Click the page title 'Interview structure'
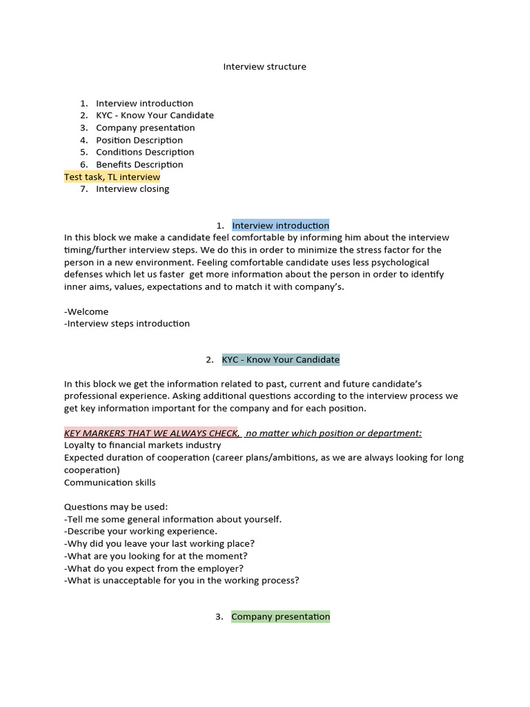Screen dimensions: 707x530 [x=264, y=67]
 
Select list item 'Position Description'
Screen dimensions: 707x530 [x=139, y=140]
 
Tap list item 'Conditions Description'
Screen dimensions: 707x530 [x=145, y=152]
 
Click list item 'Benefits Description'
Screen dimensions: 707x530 [x=139, y=164]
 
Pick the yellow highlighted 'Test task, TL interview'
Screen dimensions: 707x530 [x=112, y=177]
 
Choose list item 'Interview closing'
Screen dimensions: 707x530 [x=132, y=188]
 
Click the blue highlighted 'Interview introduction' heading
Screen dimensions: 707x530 [x=280, y=226]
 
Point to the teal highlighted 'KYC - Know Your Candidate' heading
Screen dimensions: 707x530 [x=280, y=360]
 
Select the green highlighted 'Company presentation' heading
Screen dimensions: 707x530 [x=280, y=617]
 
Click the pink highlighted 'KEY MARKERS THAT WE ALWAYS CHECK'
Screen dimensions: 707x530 [x=151, y=433]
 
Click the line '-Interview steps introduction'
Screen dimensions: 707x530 [x=127, y=323]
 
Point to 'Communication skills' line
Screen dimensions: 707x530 [x=110, y=483]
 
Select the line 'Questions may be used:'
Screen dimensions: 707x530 [x=116, y=507]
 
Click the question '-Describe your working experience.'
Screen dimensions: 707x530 [x=141, y=531]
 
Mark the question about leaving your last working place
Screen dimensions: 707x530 [x=159, y=543]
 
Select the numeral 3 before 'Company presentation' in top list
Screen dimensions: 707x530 [x=83, y=128]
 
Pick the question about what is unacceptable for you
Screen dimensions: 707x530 [x=181, y=581]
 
